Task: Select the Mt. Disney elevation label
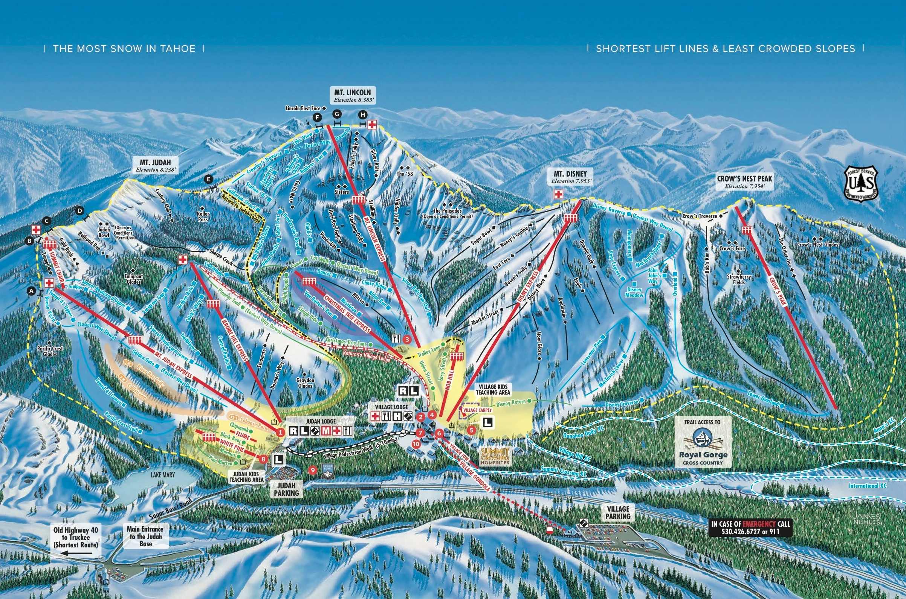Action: tap(571, 181)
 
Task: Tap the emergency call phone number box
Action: tap(750, 527)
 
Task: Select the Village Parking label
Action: tap(618, 513)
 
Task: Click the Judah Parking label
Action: tap(286, 489)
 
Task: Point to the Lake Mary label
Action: tap(162, 475)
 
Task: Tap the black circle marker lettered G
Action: tap(337, 114)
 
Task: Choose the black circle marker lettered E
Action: tap(208, 179)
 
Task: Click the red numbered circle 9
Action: tap(313, 470)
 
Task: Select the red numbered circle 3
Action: tap(407, 339)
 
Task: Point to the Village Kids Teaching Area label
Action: tap(493, 389)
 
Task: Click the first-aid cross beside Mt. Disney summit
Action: tap(559, 194)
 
